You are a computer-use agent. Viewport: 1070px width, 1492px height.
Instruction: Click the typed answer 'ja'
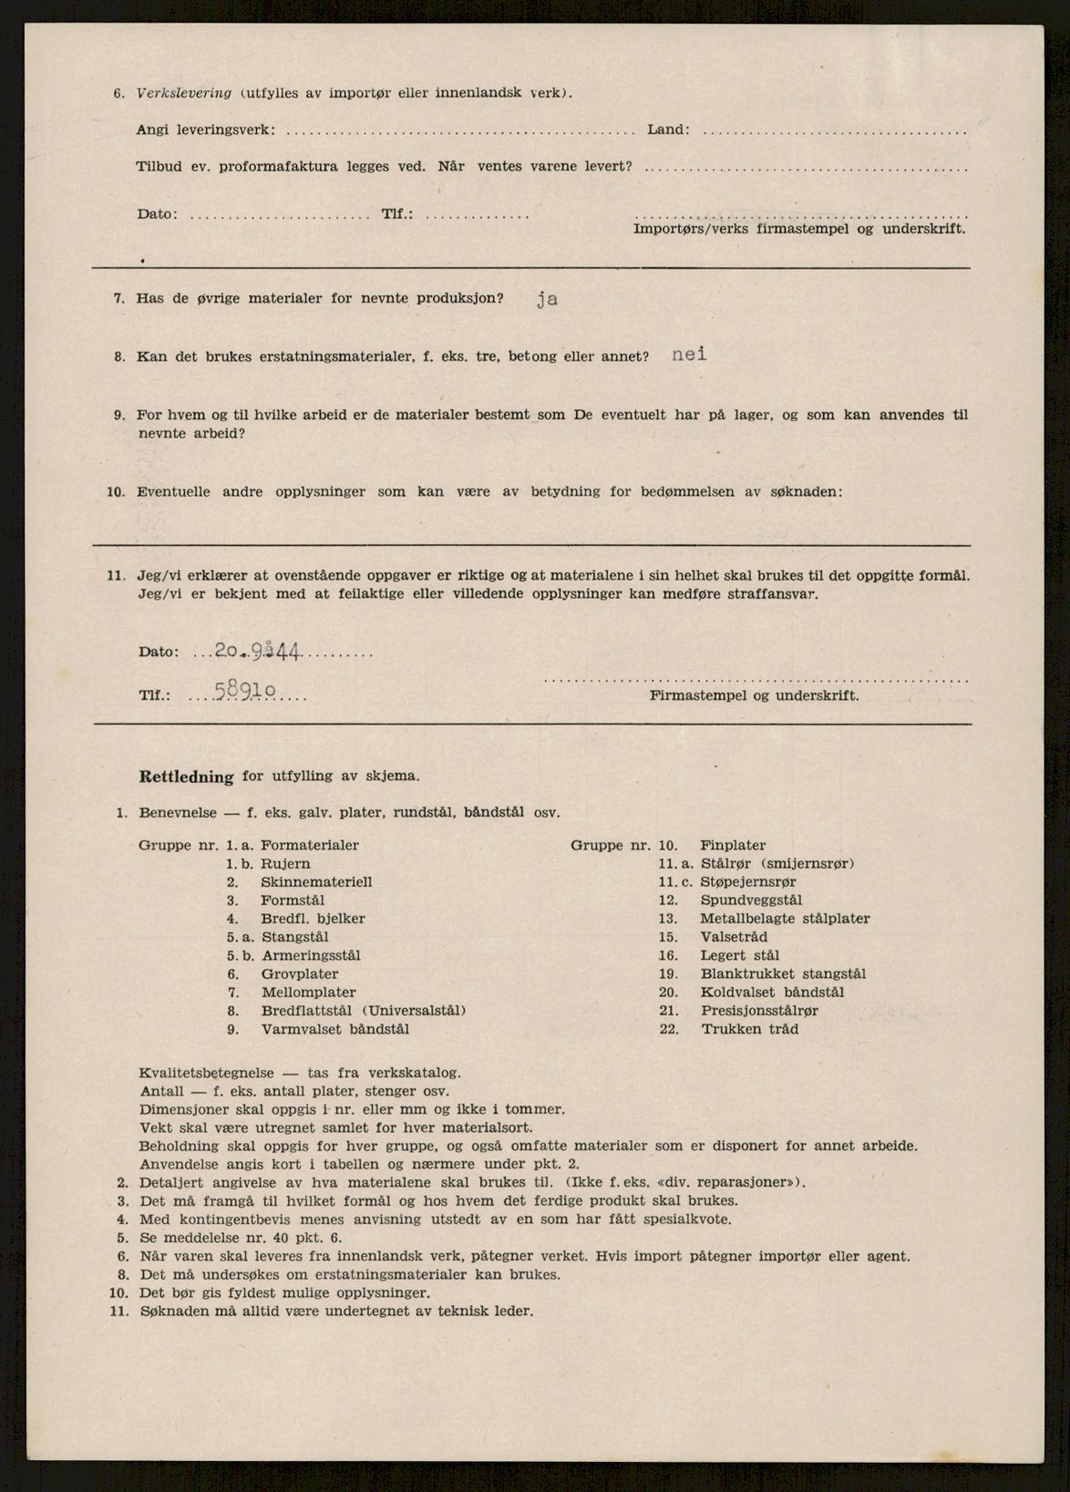tap(546, 299)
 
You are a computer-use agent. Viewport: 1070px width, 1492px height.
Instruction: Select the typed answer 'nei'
tap(689, 355)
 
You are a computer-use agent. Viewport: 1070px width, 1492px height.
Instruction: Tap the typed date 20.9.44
tap(258, 651)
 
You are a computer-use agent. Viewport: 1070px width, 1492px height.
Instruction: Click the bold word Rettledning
tap(186, 777)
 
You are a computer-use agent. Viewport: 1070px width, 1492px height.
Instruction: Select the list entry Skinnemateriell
tap(315, 882)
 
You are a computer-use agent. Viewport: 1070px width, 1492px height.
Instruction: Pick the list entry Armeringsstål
tap(311, 955)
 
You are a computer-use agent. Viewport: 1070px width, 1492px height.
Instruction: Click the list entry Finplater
tap(733, 845)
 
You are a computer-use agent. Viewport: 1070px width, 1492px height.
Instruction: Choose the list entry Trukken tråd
tap(749, 1029)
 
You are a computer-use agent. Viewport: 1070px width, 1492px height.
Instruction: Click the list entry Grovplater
tap(299, 974)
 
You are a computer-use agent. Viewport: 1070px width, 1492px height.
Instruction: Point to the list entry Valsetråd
tap(734, 937)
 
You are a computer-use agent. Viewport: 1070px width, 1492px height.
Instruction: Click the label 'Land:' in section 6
tap(668, 129)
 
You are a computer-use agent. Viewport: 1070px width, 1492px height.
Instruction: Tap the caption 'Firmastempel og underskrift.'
tap(754, 695)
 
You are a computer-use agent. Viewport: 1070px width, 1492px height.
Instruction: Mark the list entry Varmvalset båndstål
tap(334, 1029)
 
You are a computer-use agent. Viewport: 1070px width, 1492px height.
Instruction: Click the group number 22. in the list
tap(669, 1029)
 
